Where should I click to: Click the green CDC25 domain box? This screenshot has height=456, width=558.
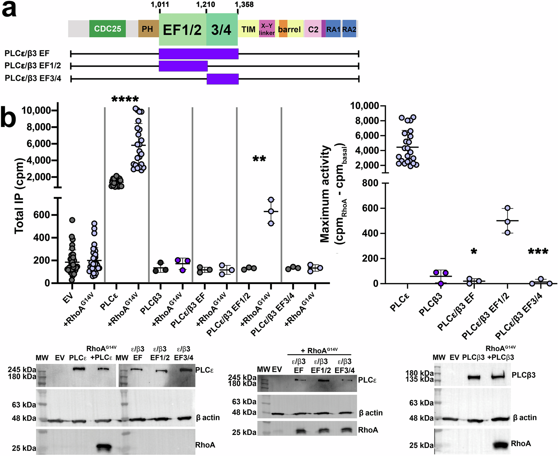(107, 29)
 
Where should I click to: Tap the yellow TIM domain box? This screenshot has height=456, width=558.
(248, 29)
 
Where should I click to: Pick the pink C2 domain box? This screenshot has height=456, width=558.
(313, 29)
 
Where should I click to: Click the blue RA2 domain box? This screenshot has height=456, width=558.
(349, 29)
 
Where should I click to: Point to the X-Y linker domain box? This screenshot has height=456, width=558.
(267, 29)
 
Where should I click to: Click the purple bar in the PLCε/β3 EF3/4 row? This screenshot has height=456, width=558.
(223, 79)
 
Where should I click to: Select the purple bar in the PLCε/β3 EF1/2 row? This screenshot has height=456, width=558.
(183, 66)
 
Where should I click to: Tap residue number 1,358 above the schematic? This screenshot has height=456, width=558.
(244, 4)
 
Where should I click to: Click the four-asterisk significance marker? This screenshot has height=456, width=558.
(125, 99)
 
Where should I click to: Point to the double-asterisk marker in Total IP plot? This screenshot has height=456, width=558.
(259, 159)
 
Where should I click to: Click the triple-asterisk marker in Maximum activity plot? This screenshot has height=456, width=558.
(538, 252)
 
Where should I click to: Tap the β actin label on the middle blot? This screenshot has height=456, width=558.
(371, 413)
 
